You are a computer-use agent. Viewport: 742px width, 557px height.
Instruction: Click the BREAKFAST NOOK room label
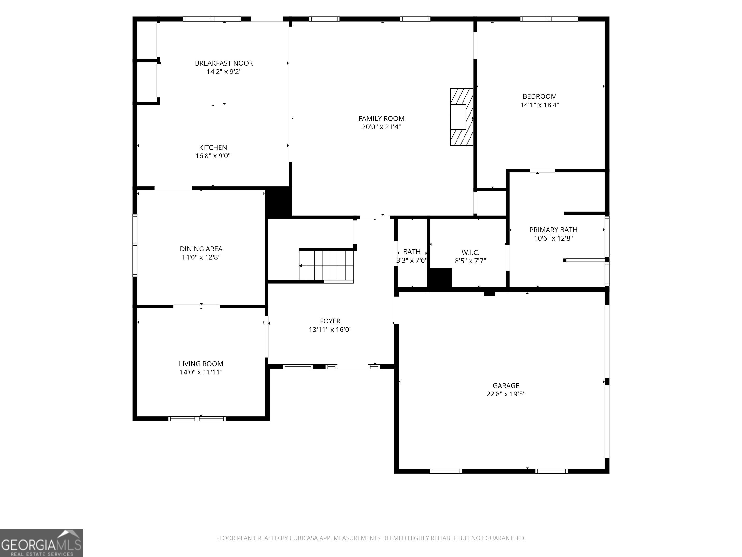pos(224,63)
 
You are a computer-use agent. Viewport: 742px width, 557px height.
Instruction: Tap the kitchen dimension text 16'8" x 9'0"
pos(213,156)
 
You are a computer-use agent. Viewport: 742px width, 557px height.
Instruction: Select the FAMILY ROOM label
pos(381,118)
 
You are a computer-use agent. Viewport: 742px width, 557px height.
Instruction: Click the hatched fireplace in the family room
pos(462,117)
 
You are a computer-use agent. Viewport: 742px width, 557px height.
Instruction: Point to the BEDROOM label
pos(540,96)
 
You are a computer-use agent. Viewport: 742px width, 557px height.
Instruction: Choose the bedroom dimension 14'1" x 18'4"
pos(540,105)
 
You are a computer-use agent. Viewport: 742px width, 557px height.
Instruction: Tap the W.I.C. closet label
pos(470,252)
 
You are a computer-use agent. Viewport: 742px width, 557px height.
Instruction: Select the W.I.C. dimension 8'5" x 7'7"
pos(470,261)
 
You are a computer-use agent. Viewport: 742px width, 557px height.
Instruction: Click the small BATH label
pos(412,252)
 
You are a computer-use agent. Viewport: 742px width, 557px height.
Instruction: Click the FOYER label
pos(330,321)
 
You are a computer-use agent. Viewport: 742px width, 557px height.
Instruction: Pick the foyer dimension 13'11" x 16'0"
pos(330,330)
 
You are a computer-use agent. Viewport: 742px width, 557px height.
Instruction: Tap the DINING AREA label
pos(201,249)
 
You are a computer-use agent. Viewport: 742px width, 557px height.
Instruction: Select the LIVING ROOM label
pos(201,364)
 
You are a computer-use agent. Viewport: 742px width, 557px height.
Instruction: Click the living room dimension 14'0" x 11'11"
pos(201,372)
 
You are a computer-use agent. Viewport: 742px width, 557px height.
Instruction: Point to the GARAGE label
pos(506,386)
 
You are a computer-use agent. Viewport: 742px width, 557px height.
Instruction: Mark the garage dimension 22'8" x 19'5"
pos(506,394)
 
